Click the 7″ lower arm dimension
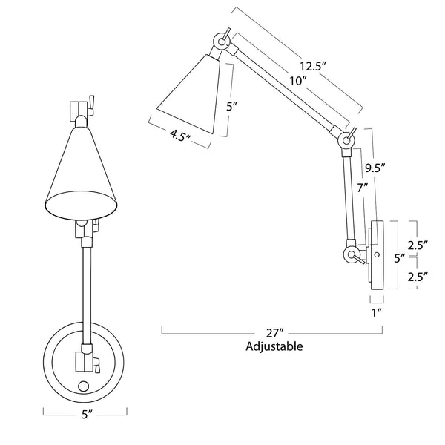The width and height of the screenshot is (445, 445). [363, 190]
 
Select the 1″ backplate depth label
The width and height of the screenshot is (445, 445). [376, 312]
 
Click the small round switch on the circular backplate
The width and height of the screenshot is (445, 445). [85, 386]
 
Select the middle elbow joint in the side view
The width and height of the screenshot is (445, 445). [345, 139]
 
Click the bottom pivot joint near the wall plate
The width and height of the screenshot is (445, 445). [352, 255]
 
